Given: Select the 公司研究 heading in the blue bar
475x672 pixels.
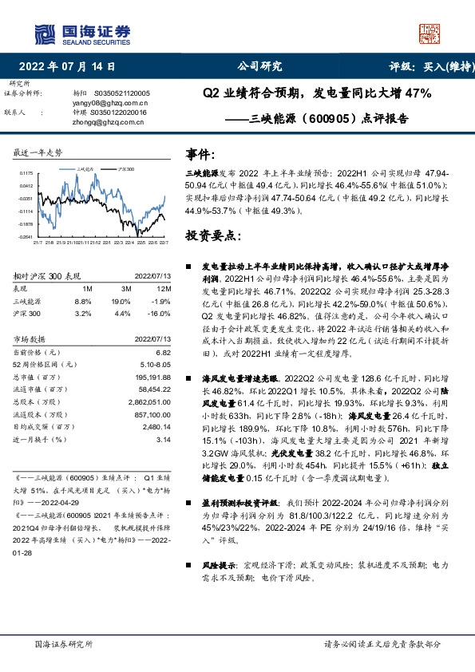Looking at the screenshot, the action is click(x=259, y=67).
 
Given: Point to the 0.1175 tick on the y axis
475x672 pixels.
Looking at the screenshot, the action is click(x=26, y=172).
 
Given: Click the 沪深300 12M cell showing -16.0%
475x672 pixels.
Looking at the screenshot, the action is click(x=160, y=314).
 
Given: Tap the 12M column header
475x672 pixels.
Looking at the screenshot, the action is click(x=163, y=289).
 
